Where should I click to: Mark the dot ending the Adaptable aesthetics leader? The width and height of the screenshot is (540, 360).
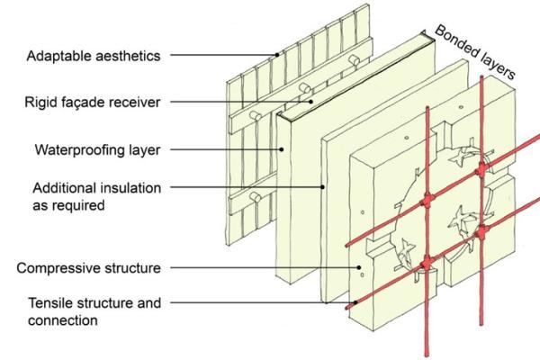pos(278,56)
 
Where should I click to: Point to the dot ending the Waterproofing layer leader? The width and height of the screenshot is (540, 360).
pos(282,149)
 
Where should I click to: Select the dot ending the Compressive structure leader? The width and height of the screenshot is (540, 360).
pos(361,267)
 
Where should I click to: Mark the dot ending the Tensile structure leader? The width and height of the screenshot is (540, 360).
pos(359,303)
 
